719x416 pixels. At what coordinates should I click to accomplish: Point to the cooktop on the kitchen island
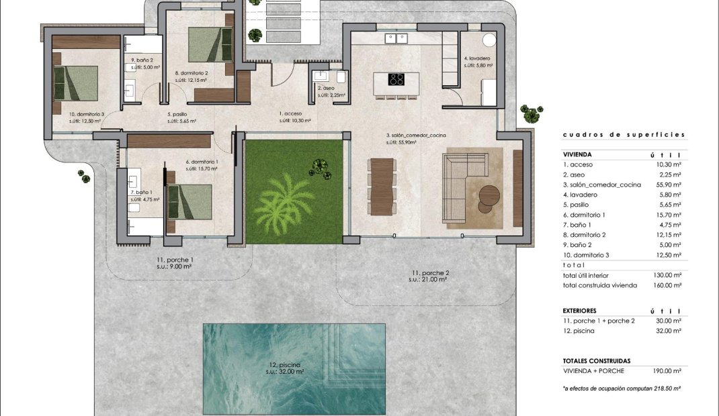(396, 80)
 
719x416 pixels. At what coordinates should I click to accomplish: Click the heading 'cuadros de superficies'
(624, 135)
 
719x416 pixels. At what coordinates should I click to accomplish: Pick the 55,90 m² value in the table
(667, 185)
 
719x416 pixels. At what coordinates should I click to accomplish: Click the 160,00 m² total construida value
(667, 285)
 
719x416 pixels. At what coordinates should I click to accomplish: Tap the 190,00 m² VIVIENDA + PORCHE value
(667, 370)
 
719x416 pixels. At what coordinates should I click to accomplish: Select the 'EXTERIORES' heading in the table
(580, 311)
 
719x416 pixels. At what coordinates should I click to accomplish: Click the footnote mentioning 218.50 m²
(622, 388)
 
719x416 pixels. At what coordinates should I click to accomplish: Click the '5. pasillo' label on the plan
(178, 114)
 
